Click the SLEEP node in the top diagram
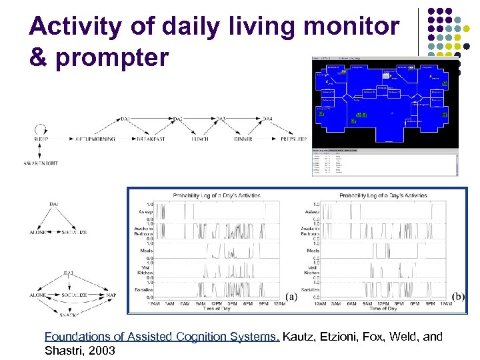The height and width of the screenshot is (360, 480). click(39, 139)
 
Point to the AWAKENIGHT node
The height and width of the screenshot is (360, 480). click(41, 163)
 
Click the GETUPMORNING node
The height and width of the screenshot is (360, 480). click(95, 139)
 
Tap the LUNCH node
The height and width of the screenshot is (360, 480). click(199, 139)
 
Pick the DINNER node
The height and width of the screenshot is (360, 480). click(243, 139)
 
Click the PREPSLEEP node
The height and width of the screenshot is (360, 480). click(293, 139)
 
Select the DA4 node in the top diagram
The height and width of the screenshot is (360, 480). click(267, 119)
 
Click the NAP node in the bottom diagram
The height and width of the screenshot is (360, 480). click(111, 295)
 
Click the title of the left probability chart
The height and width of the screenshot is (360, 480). click(216, 195)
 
